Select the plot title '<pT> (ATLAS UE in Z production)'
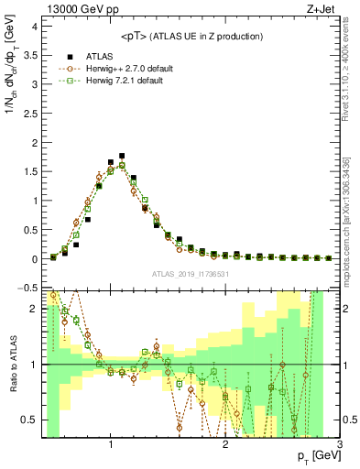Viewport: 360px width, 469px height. click(191, 36)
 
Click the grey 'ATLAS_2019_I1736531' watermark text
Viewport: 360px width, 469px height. click(191, 273)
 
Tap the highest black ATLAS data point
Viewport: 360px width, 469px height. click(122, 156)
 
